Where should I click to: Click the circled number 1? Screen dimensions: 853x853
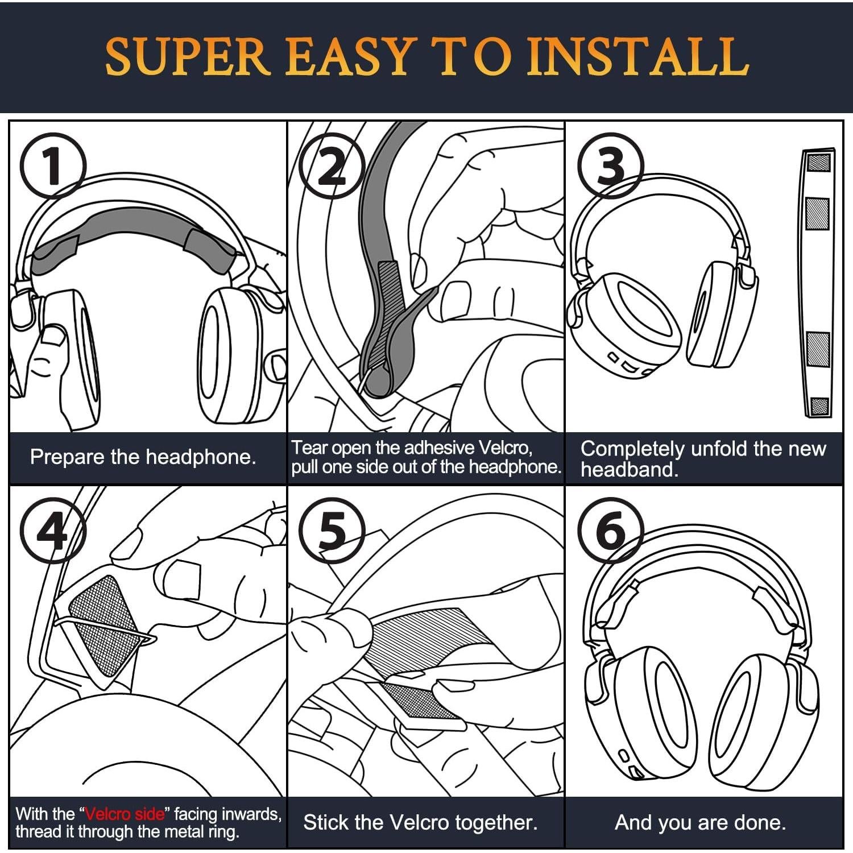coord(52,165)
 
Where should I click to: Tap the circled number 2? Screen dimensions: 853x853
coord(332,165)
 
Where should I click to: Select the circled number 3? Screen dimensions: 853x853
coord(610,165)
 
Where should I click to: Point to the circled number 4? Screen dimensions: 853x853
coord(52,531)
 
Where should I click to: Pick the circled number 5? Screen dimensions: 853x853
coord(332,531)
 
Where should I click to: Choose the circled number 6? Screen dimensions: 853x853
coord(610,531)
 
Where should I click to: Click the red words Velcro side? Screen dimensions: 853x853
coord(125,814)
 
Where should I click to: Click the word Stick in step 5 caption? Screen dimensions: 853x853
coord(325,822)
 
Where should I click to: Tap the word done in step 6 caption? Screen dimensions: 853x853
coord(763,822)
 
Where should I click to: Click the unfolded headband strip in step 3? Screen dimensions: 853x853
coord(818,283)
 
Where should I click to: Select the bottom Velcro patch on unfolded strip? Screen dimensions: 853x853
coord(819,406)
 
